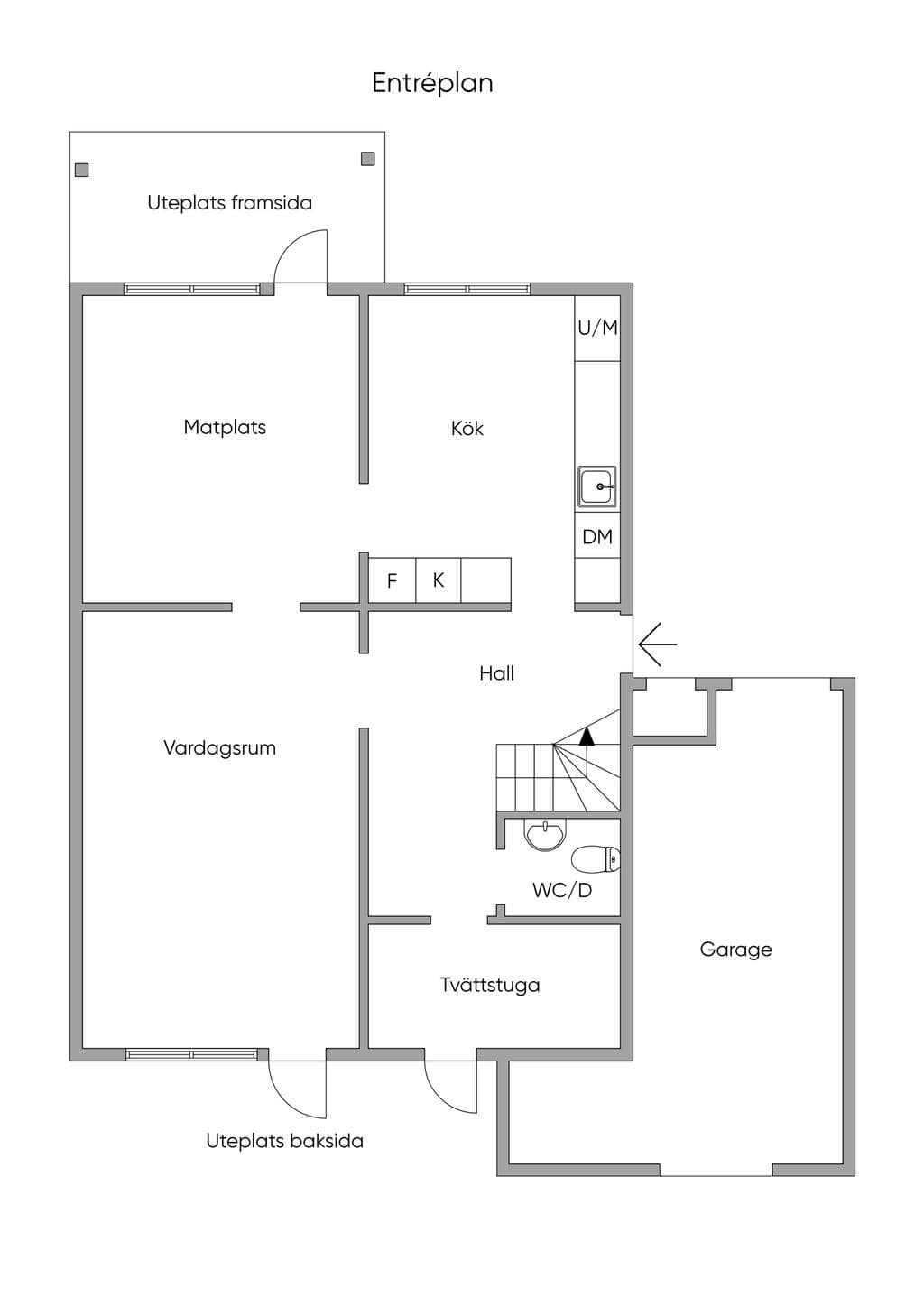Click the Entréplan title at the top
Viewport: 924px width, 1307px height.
[432, 83]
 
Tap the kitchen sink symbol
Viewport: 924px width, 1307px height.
[596, 486]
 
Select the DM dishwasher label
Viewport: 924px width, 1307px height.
[597, 536]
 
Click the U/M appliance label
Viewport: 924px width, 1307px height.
[597, 328]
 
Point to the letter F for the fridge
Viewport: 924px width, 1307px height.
[392, 580]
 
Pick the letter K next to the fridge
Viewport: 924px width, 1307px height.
[438, 580]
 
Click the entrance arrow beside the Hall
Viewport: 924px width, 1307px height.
[658, 644]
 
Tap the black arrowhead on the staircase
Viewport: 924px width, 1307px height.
[587, 737]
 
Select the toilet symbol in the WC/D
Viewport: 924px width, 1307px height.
[596, 859]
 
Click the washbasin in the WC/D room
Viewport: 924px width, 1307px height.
[545, 834]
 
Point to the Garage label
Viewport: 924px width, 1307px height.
[735, 950]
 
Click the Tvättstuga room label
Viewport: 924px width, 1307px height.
[490, 985]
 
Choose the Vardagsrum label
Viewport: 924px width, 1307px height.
[219, 747]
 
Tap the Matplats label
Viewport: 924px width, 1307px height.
[225, 427]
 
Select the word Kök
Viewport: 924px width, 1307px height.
[467, 428]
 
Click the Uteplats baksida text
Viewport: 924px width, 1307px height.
[284, 1141]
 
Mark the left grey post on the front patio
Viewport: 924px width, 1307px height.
[82, 170]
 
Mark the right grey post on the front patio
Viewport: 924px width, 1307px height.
[367, 159]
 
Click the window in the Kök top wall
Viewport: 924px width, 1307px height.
[467, 289]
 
